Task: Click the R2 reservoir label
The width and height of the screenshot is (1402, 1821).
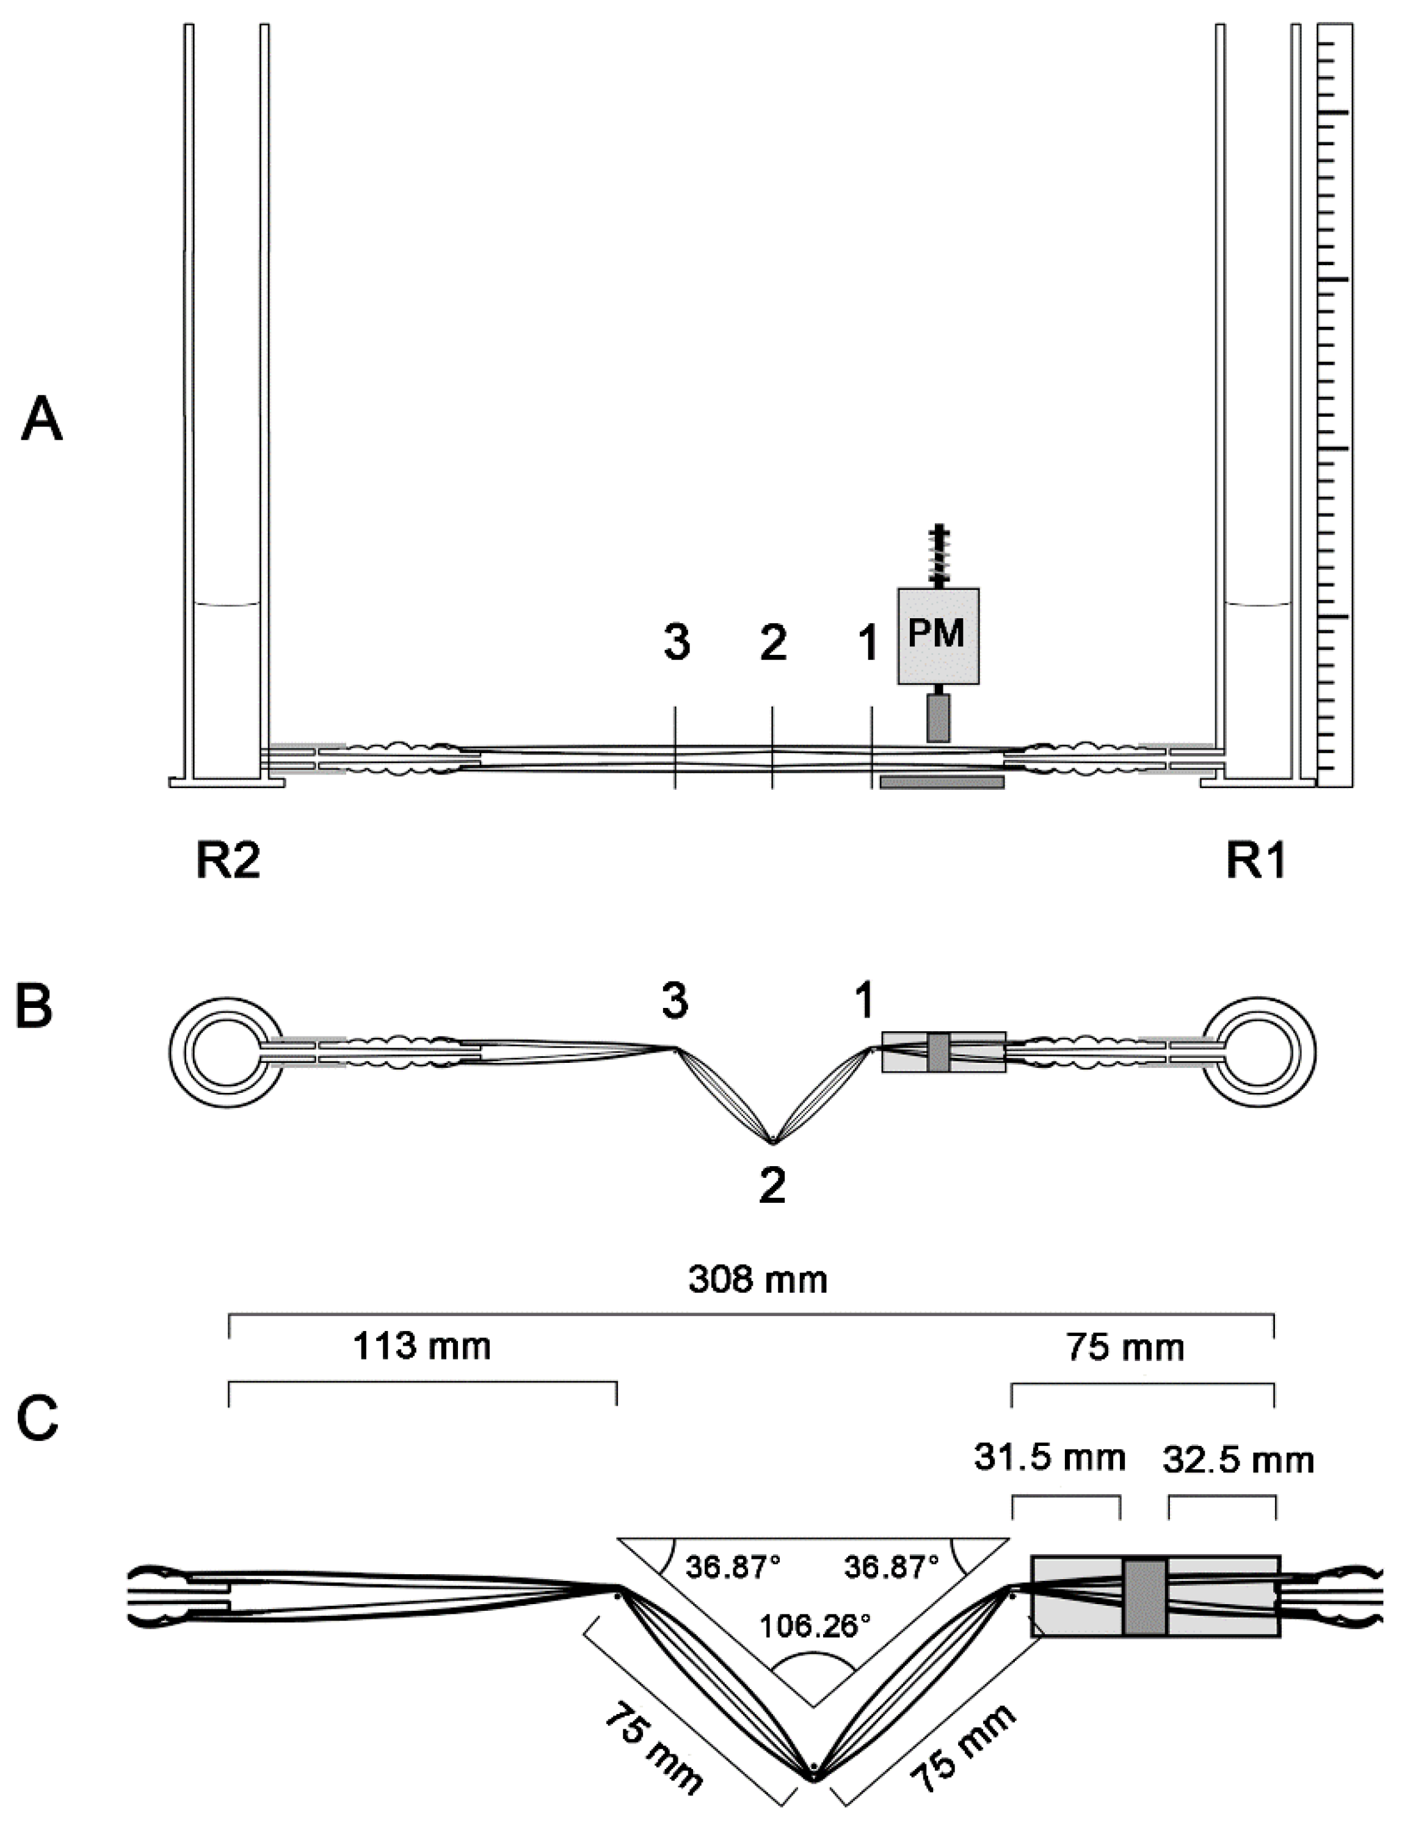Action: click(x=228, y=863)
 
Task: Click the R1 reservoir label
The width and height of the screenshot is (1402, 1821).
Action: click(x=1255, y=863)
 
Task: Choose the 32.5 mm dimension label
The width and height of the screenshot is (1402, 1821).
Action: click(x=1237, y=1460)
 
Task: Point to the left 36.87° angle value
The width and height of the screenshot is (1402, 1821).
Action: click(x=733, y=1567)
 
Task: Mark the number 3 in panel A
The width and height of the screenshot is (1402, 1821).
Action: click(x=676, y=644)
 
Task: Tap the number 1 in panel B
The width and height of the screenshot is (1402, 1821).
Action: click(x=865, y=1001)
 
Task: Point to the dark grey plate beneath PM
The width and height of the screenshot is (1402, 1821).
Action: click(x=942, y=781)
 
